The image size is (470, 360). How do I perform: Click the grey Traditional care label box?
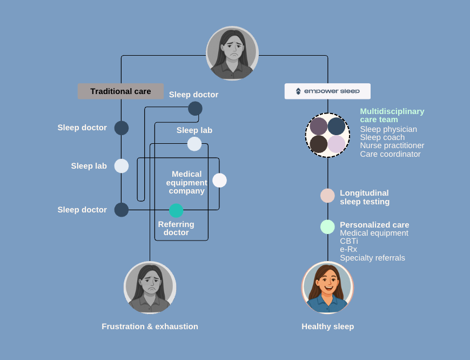point(120,91)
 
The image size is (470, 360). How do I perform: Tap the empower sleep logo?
point(327,91)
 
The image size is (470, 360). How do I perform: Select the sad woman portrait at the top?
point(232,53)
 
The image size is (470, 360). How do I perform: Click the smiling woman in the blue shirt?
point(327,288)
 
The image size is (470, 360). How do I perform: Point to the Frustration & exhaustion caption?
point(150,326)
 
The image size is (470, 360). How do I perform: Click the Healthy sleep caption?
point(327,326)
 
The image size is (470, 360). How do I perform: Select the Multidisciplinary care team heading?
point(392,115)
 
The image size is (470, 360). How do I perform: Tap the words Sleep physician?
point(388,129)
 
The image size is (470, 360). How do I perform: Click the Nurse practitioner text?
point(392,145)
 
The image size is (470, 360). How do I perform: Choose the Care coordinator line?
point(390,154)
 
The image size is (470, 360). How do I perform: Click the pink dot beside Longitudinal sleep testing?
point(327,196)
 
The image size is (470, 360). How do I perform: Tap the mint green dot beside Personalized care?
point(327,227)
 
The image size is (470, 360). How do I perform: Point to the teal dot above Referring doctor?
point(176,211)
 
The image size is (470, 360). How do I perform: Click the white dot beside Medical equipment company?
point(219,181)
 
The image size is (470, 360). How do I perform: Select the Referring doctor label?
point(176,228)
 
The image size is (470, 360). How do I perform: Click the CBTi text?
point(348,241)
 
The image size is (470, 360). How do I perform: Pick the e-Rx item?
point(348,249)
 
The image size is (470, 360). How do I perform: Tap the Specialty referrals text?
point(372,258)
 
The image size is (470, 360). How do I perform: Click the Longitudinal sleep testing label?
point(364,197)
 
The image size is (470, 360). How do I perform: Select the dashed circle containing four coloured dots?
point(327,135)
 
